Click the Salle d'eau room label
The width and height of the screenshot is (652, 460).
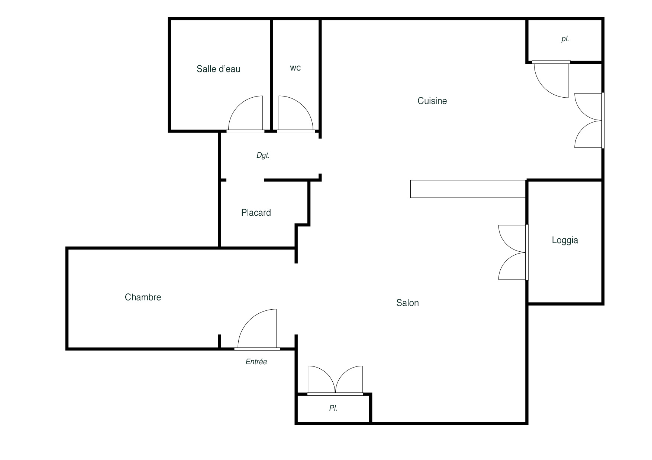coord(218,69)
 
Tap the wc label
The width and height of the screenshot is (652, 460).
coord(296,68)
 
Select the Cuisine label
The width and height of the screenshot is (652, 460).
coord(432,101)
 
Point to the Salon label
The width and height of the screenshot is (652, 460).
coord(407,303)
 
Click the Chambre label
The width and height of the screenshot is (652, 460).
coord(143,297)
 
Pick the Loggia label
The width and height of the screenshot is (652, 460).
coord(565,240)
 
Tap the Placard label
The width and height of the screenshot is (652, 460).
coord(256,213)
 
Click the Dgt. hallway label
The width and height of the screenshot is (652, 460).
coord(263,156)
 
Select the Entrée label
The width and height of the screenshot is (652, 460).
coord(256,362)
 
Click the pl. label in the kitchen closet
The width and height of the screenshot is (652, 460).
coord(565,39)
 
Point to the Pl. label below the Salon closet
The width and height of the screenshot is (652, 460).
coord(333,408)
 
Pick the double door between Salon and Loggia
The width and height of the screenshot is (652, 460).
coord(513,252)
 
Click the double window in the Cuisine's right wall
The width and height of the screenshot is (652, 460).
coord(589,120)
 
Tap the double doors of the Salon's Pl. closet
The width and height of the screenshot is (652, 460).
coord(335,380)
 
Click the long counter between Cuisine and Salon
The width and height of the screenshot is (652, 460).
coord(468,189)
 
